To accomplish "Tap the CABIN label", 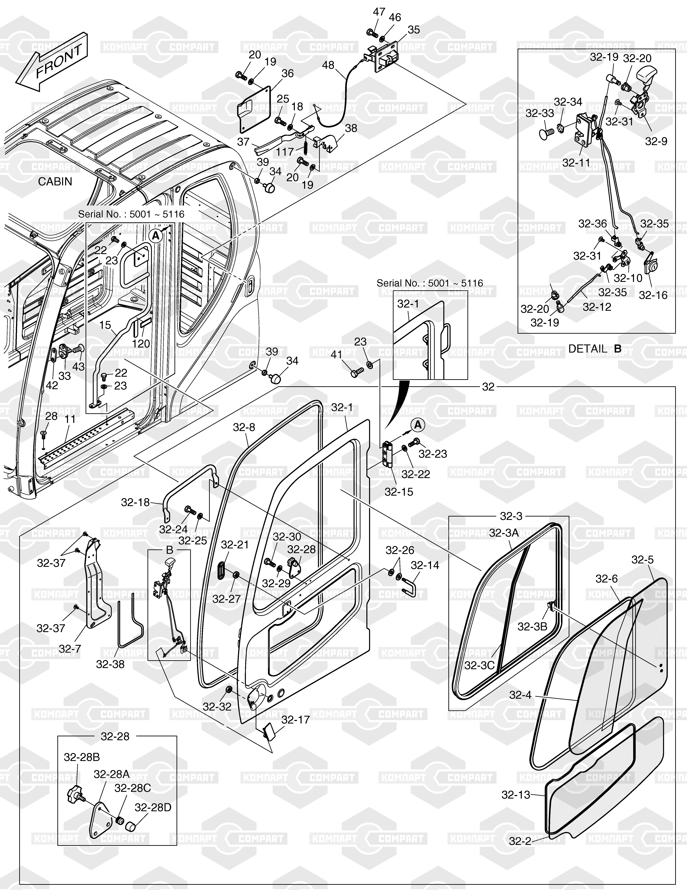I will [55, 181].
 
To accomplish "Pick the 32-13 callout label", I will [516, 795].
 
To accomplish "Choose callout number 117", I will [285, 152].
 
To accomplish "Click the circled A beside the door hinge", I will [418, 425].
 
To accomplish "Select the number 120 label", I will [141, 343].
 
